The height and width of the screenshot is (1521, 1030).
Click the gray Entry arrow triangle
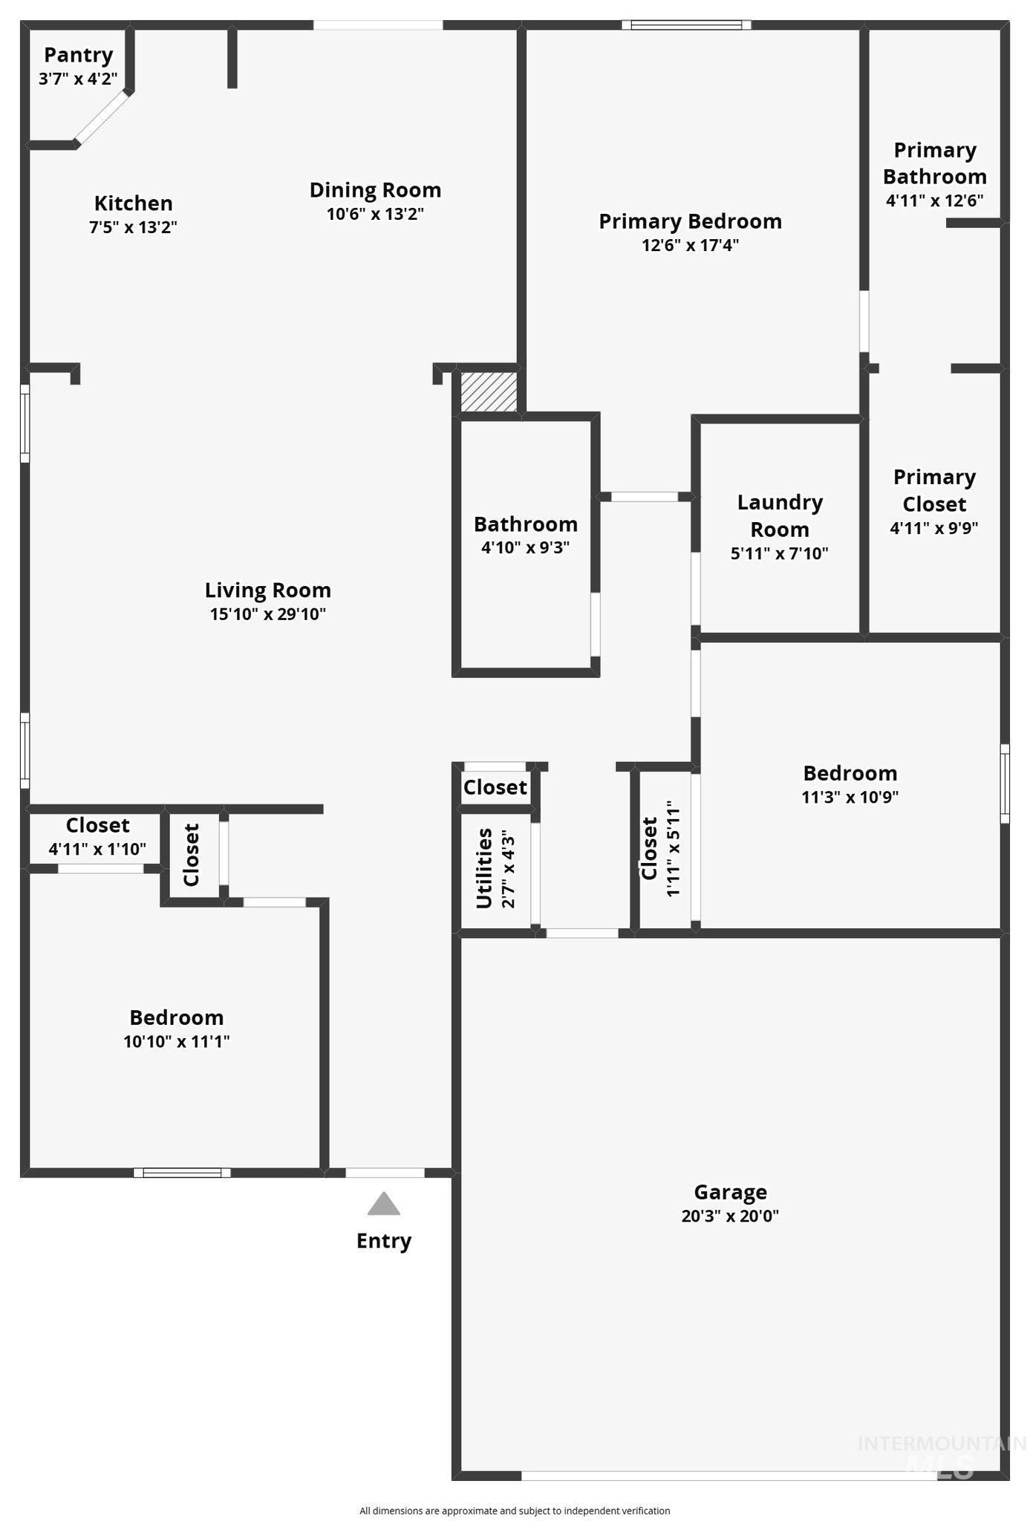tap(383, 1204)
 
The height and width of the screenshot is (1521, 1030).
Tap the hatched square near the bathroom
tap(489, 391)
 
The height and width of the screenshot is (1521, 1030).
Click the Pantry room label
tap(78, 55)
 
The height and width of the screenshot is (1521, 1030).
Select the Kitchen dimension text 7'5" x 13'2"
tap(133, 227)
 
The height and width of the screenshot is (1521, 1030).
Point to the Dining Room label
tap(375, 190)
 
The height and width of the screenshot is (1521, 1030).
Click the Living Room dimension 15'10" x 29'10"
tap(267, 614)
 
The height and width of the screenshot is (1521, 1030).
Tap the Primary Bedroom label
tap(690, 221)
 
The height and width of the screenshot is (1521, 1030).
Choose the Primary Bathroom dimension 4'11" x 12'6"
tap(934, 201)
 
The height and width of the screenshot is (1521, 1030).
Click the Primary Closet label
tap(934, 490)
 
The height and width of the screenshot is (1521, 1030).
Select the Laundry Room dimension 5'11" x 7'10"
tap(779, 553)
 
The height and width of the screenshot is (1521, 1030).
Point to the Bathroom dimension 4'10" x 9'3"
tap(525, 548)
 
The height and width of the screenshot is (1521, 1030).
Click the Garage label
tap(730, 1192)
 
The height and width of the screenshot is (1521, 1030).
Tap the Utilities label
tap(484, 868)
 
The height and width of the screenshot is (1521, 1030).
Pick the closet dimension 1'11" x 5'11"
tap(674, 848)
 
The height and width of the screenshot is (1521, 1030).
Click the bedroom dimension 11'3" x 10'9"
tap(850, 798)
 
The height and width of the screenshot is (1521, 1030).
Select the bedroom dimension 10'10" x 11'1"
tap(176, 1041)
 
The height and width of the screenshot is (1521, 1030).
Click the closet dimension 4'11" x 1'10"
tap(97, 850)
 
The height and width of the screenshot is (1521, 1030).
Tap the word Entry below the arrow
tap(383, 1241)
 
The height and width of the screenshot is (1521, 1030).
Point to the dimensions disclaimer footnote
tap(515, 1511)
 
